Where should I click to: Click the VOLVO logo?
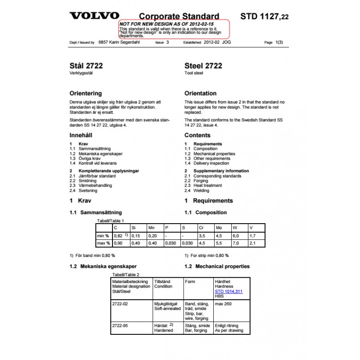point(94,16)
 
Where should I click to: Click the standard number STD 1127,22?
point(265,17)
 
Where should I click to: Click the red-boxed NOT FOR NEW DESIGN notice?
point(174,29)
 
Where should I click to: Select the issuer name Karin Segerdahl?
point(117,42)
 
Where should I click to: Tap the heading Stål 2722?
point(86,66)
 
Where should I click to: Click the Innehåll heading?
point(83,135)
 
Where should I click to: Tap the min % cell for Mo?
point(219,236)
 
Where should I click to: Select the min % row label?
point(103,236)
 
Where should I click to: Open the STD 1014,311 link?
point(229,291)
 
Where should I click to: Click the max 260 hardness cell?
point(224,304)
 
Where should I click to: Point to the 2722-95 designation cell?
point(120,325)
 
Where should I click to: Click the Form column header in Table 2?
point(190,282)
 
